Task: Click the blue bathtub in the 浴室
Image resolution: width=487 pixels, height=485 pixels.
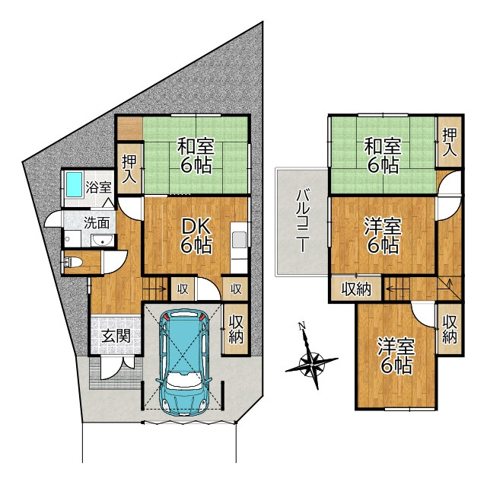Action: click(75, 184)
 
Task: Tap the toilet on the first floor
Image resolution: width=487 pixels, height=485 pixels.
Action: click(73, 263)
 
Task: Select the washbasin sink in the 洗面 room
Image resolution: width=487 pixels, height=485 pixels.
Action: click(103, 241)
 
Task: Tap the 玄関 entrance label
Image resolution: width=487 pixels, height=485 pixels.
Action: click(116, 337)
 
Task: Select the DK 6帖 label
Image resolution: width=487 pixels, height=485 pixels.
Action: click(196, 235)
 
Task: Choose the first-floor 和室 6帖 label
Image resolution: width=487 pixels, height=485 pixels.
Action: click(196, 155)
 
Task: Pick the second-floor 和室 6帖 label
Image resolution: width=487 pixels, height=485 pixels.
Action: click(383, 155)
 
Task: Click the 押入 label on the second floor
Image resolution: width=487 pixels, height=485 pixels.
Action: click(450, 142)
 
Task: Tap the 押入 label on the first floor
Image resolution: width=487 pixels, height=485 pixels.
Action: click(129, 169)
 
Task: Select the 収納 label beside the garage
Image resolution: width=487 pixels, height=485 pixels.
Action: click(236, 330)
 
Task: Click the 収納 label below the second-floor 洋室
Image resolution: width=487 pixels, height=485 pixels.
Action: click(356, 289)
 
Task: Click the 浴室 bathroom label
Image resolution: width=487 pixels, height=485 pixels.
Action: click(98, 187)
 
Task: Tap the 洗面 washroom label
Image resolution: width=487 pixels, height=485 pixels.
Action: click(97, 223)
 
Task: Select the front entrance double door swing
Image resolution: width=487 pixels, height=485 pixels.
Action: click(116, 369)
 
